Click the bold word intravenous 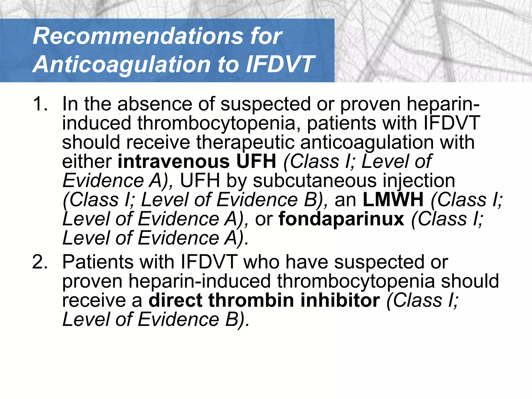tap(174, 161)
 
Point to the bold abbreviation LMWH tap(393, 199)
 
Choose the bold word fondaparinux tap(341, 219)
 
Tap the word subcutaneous tap(315, 181)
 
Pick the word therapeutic tap(245, 142)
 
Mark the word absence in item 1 tap(155, 104)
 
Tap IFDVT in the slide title tap(280, 64)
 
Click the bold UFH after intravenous tap(256, 161)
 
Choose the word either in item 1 tap(87, 161)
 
